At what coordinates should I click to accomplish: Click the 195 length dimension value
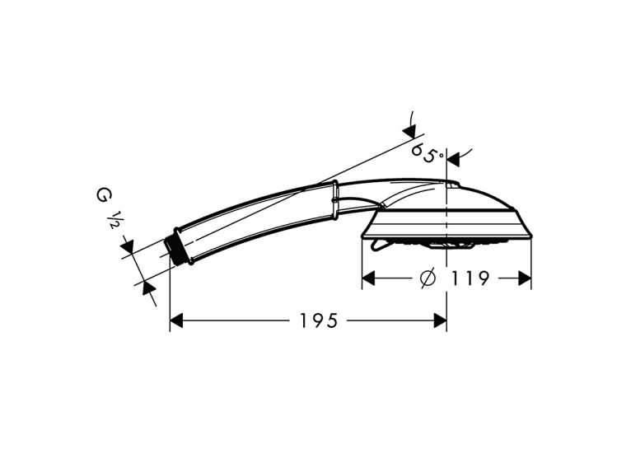(319, 320)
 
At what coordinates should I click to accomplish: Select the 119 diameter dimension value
(470, 278)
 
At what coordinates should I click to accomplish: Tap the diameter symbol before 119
(427, 278)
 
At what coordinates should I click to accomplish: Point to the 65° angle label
(428, 152)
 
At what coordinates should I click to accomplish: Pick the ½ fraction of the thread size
(114, 218)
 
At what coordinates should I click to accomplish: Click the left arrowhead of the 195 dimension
(176, 320)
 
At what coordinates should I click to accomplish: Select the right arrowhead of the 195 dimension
(439, 320)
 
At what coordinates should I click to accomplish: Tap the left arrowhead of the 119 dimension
(369, 278)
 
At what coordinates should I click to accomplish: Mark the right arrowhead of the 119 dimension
(525, 278)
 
